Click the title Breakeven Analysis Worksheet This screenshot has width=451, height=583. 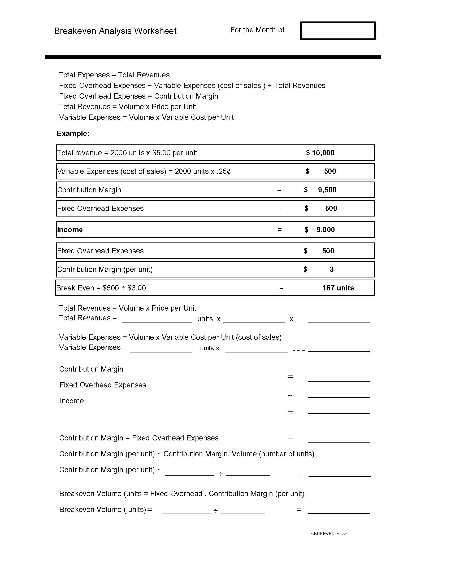pyautogui.click(x=115, y=31)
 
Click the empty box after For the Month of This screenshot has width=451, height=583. pyautogui.click(x=338, y=31)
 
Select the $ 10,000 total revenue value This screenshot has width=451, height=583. pyautogui.click(x=320, y=153)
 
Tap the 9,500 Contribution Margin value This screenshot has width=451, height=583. pyautogui.click(x=327, y=190)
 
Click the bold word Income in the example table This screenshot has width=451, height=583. pyautogui.click(x=70, y=229)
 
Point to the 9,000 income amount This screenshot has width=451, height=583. pyautogui.click(x=326, y=229)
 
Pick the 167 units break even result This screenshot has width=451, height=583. pyautogui.click(x=338, y=288)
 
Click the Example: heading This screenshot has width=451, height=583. pyautogui.click(x=73, y=134)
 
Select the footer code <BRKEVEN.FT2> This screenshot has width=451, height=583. pyautogui.click(x=329, y=534)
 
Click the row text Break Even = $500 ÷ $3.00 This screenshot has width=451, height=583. pyautogui.click(x=101, y=288)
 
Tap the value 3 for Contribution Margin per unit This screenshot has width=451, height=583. pyautogui.click(x=332, y=269)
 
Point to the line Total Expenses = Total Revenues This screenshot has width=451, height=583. pyautogui.click(x=114, y=75)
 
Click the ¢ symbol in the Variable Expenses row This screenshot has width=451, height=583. pyautogui.click(x=228, y=171)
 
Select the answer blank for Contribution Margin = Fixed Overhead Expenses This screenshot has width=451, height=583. pyautogui.click(x=339, y=439)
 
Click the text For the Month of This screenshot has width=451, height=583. pyautogui.click(x=257, y=30)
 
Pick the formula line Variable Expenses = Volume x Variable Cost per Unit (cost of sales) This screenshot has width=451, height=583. pyautogui.click(x=170, y=337)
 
